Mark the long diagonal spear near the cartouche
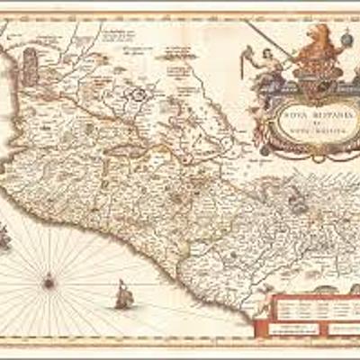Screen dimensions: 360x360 click(x=270, y=41)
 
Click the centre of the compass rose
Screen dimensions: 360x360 click(x=49, y=283)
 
